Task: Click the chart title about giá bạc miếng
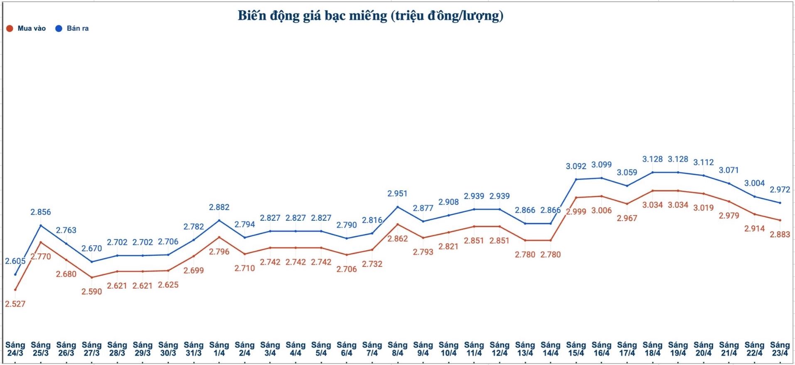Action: (370, 16)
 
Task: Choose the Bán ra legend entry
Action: (72, 28)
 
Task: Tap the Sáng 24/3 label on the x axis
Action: (15, 349)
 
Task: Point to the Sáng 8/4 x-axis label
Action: (397, 349)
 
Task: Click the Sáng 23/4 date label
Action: (780, 349)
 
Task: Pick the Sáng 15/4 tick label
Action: (576, 349)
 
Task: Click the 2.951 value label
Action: (397, 194)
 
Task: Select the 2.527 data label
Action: (15, 304)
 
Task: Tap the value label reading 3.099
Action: (601, 165)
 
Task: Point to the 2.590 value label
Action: (91, 291)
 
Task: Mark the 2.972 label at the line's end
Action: (780, 190)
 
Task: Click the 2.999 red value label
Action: (576, 212)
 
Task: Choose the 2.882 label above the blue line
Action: (219, 207)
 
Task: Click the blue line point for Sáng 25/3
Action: (41, 225)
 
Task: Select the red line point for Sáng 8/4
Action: (398, 224)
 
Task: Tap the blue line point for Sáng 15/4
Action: (576, 179)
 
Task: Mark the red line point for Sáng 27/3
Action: (92, 277)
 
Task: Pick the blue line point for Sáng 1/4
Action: (219, 220)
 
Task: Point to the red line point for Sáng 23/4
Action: (780, 220)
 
